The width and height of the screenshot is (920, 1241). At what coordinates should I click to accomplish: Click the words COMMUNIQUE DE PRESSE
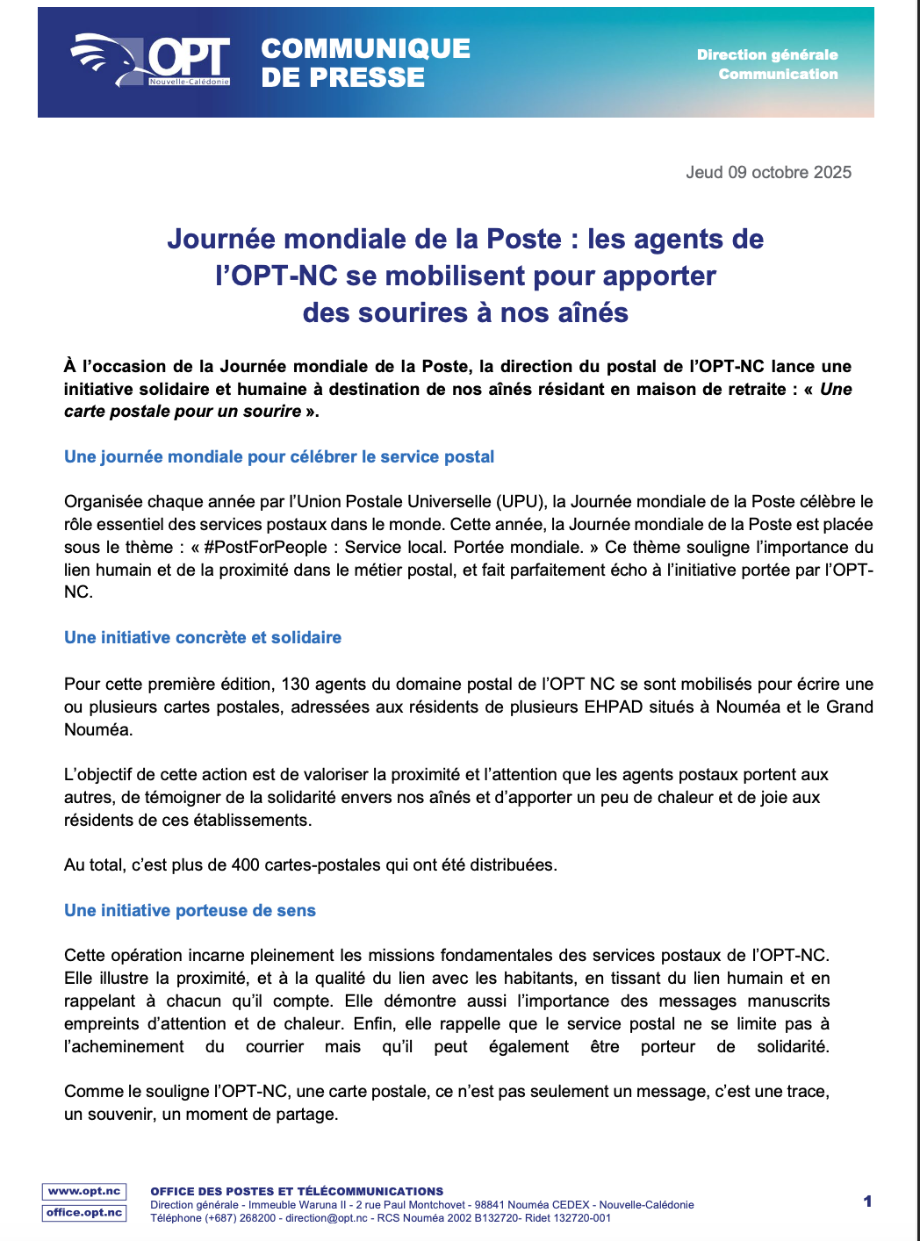365,62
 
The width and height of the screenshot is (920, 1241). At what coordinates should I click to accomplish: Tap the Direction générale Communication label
767,64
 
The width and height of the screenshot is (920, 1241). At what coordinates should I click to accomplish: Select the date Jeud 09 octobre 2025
768,172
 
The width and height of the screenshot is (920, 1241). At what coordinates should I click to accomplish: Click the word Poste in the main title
523,239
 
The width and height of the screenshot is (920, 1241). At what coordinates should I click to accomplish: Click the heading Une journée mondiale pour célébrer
279,456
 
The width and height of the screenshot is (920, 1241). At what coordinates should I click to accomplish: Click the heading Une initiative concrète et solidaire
203,637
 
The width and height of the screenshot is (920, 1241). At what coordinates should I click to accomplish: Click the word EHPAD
614,707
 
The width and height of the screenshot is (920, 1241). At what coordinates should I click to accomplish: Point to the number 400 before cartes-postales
246,864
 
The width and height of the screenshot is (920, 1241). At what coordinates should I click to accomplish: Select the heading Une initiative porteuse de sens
190,910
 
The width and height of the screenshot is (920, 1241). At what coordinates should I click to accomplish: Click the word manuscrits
788,1001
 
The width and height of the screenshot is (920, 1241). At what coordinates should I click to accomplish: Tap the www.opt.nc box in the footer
84,1191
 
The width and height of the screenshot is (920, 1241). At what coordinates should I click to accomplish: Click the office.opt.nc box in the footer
84,1212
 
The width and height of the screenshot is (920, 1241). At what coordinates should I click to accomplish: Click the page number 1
867,1202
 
